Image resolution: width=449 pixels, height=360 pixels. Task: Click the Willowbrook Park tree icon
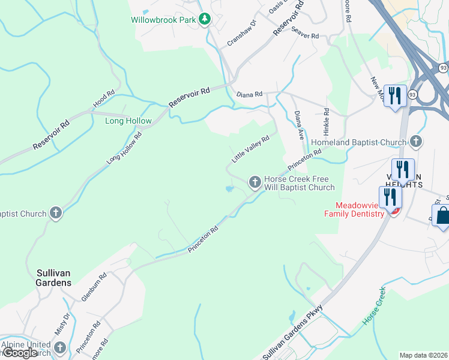point(205,20)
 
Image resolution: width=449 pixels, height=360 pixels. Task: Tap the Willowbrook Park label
point(164,20)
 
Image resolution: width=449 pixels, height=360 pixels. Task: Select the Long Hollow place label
point(128,121)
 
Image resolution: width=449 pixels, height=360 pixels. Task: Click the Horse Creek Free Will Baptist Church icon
point(255,181)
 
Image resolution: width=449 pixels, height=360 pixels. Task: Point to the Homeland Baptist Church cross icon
point(415,142)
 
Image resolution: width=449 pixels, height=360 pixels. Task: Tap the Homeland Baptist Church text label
point(358,143)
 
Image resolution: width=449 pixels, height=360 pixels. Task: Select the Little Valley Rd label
point(250,149)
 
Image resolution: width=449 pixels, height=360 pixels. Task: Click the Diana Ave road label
point(299,125)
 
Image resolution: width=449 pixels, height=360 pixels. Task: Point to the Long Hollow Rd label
point(124,148)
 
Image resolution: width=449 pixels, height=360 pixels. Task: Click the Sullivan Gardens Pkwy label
point(293,332)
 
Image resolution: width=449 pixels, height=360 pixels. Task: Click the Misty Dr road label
point(66,325)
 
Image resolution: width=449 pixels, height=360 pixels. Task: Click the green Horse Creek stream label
point(373,307)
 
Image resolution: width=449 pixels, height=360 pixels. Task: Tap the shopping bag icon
point(442,217)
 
